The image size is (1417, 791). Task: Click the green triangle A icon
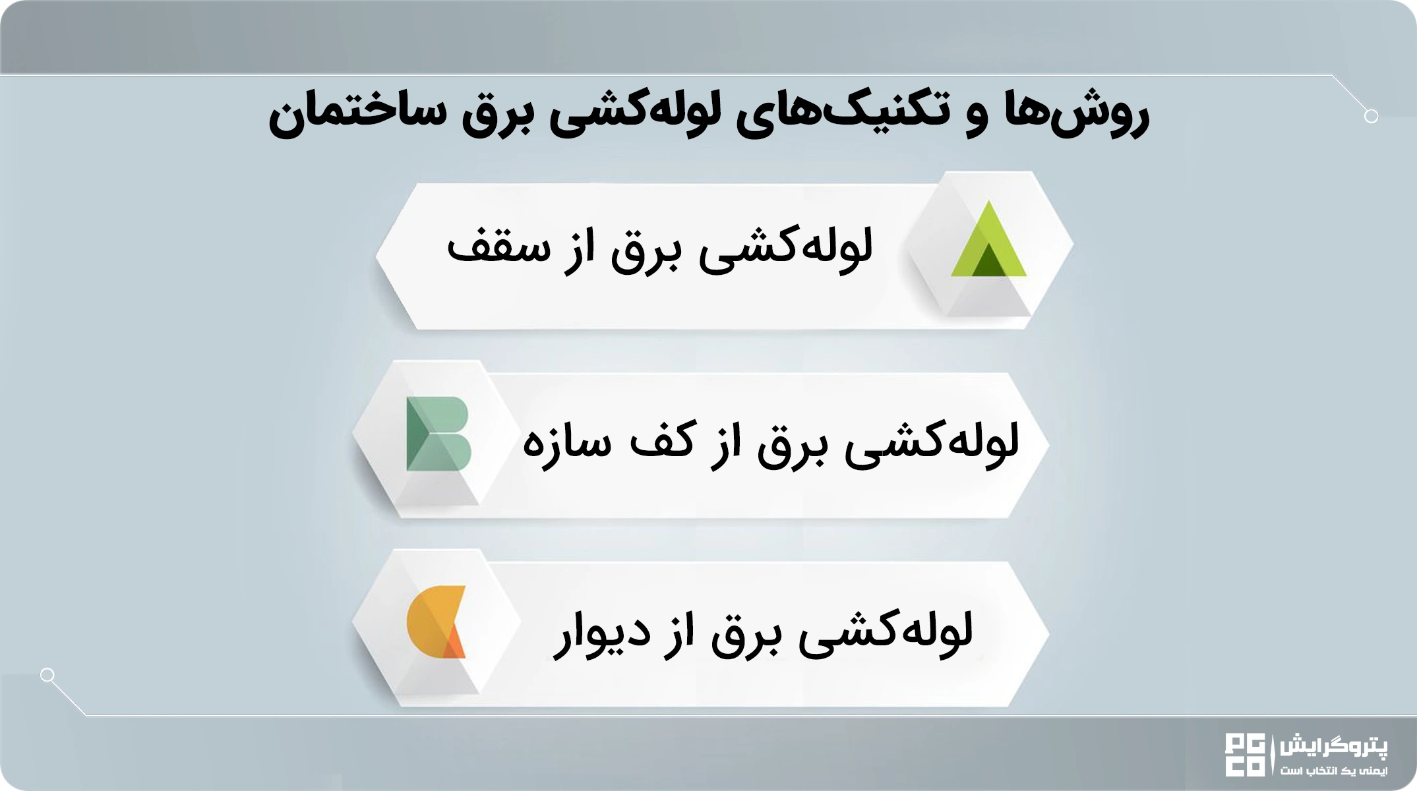coord(988,239)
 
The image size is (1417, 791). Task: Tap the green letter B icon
coord(438,434)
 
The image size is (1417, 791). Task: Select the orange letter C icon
coord(436,622)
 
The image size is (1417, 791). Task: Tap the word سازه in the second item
coord(566,441)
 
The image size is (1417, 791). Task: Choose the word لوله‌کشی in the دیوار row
coord(886,633)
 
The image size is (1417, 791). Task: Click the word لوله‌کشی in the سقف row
coord(786,249)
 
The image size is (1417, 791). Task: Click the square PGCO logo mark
coord(1245,754)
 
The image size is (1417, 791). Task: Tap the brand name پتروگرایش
coord(1333,747)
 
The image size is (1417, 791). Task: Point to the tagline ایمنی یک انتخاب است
coord(1334,770)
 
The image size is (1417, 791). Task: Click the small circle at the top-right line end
coord(1371,117)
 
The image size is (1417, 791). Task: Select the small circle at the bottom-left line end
coord(47,675)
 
